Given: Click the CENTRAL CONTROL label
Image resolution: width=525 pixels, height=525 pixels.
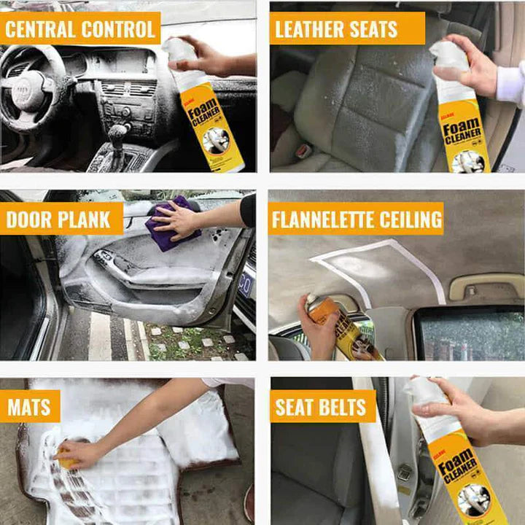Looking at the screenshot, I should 80,29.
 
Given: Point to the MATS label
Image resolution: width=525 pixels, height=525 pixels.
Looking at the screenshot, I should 30,406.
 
